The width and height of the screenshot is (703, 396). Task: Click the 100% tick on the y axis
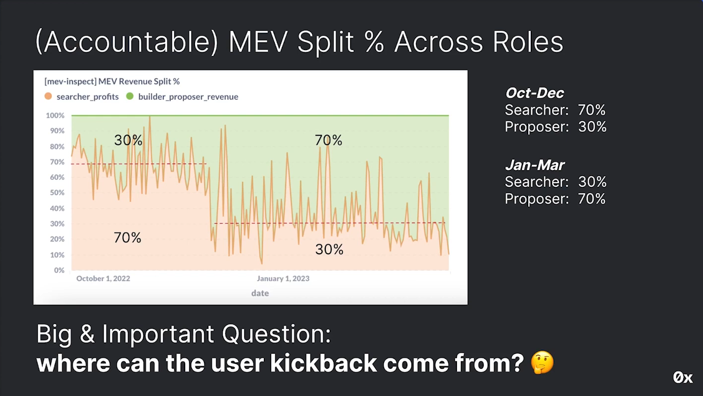[55, 115]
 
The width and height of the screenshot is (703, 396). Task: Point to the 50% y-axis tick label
[57, 193]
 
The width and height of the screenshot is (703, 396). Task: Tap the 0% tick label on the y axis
[59, 270]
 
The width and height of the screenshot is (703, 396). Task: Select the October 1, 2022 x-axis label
[103, 279]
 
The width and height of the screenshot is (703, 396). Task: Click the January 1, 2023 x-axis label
[283, 279]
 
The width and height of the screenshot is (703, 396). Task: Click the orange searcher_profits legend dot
[48, 96]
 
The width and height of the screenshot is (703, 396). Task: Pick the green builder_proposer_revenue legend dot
[130, 96]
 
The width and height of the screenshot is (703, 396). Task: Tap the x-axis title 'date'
[260, 293]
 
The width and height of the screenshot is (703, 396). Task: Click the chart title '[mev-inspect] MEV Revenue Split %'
[112, 81]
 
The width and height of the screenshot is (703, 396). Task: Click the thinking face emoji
[542, 362]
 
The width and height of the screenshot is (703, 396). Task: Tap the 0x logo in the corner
[683, 378]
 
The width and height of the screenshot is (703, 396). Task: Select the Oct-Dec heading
[535, 93]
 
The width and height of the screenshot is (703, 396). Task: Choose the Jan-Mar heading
[535, 165]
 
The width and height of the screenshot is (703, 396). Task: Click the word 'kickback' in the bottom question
[323, 363]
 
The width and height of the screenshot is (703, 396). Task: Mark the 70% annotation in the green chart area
[328, 140]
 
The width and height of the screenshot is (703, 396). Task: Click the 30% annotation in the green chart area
[128, 140]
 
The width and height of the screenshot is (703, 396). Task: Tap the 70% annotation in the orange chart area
[127, 237]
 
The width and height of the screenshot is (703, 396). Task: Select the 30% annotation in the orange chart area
[329, 249]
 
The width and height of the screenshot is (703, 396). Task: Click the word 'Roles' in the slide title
[528, 42]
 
